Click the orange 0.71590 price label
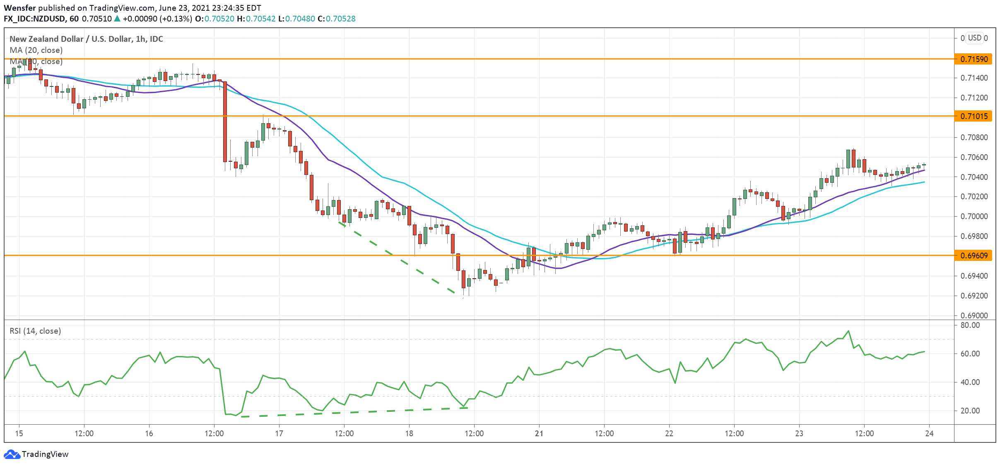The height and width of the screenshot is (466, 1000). click(x=974, y=59)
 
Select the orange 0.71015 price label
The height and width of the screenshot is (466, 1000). click(x=974, y=116)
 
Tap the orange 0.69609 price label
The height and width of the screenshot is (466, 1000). click(x=974, y=256)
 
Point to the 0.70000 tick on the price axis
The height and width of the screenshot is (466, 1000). click(x=974, y=217)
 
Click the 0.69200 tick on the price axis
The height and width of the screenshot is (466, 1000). click(x=974, y=296)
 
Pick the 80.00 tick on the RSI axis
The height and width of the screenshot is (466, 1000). click(x=970, y=325)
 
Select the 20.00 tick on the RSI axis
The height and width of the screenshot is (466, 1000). click(x=970, y=411)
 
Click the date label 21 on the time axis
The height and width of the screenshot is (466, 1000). click(x=539, y=434)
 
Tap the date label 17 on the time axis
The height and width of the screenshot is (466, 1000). click(x=279, y=434)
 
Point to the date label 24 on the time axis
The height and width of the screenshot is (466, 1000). click(x=929, y=434)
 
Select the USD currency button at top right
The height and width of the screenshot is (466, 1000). click(x=975, y=38)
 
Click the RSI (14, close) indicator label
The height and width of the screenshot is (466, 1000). click(x=35, y=331)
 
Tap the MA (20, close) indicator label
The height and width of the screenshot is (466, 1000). click(x=36, y=50)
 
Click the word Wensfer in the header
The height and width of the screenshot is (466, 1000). click(x=20, y=8)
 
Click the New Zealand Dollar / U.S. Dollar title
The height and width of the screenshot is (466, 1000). click(x=86, y=39)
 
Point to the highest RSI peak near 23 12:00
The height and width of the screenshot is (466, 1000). click(x=848, y=331)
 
